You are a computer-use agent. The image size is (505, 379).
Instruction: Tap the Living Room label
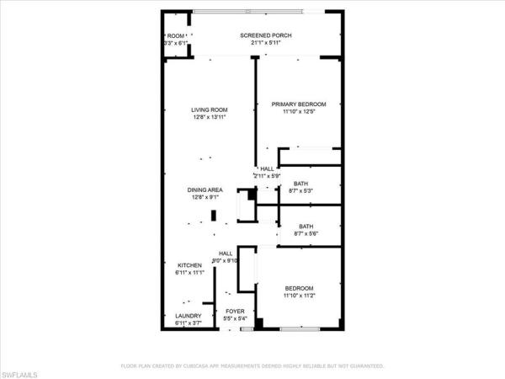click(209, 110)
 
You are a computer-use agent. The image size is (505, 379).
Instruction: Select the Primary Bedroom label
click(298, 104)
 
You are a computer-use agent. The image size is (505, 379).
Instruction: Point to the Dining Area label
click(205, 190)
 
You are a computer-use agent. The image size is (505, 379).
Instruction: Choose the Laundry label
click(188, 316)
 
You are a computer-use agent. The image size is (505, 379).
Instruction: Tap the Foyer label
click(234, 311)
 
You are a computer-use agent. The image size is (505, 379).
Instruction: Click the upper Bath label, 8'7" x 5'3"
click(300, 184)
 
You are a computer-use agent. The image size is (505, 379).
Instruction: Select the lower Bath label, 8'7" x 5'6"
click(306, 226)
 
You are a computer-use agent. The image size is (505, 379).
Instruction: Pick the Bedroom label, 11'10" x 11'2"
click(298, 288)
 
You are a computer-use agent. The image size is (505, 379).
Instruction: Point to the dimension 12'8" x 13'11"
click(209, 118)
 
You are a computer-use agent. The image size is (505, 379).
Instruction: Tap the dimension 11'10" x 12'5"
click(298, 111)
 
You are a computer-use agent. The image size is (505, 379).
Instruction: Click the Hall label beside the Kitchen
click(226, 254)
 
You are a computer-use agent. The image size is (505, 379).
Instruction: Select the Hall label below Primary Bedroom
click(268, 168)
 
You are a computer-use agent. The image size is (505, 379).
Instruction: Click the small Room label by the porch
click(175, 35)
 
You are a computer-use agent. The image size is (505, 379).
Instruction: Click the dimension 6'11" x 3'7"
click(188, 323)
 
